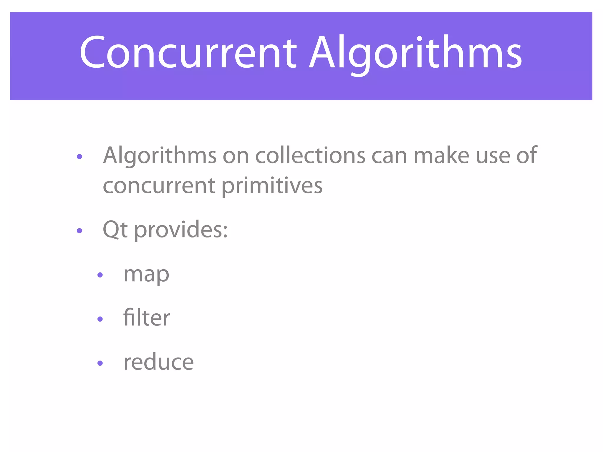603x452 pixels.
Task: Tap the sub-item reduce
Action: (158, 362)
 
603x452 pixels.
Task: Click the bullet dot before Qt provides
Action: (79, 231)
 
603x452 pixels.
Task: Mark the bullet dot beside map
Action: (100, 275)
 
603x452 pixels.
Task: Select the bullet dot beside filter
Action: (100, 319)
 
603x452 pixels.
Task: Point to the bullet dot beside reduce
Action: (100, 363)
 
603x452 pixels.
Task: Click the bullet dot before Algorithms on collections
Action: (79, 157)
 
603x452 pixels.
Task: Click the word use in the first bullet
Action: (493, 156)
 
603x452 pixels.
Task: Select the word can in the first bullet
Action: (390, 156)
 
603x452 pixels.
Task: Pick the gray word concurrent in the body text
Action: (159, 186)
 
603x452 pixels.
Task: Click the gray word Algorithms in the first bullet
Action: (160, 156)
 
